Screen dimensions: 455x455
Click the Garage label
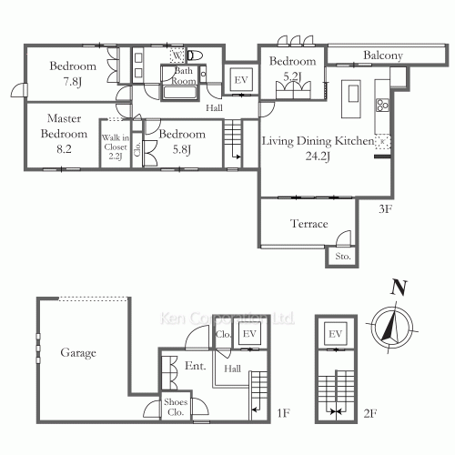(78, 353)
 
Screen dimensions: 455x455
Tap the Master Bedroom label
(64, 126)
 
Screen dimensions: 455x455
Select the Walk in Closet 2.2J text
(116, 147)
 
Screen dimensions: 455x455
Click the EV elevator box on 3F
(241, 80)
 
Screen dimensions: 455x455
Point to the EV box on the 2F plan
(335, 334)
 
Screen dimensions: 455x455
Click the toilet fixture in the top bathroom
(195, 56)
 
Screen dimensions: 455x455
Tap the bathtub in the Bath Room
(179, 93)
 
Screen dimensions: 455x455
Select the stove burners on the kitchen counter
(382, 105)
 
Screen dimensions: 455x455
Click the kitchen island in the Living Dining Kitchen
(351, 99)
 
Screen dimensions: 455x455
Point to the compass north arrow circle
(393, 329)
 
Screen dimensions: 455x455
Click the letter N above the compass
(399, 288)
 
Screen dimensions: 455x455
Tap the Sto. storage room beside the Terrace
(343, 257)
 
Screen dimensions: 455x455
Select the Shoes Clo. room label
(176, 407)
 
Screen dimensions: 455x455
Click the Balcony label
(383, 56)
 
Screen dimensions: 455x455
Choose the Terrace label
(309, 224)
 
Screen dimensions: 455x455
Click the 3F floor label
(385, 208)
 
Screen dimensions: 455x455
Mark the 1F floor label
(284, 413)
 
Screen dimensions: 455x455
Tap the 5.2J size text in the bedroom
(292, 76)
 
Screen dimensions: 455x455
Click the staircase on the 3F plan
(233, 143)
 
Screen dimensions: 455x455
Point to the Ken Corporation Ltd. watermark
(227, 318)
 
